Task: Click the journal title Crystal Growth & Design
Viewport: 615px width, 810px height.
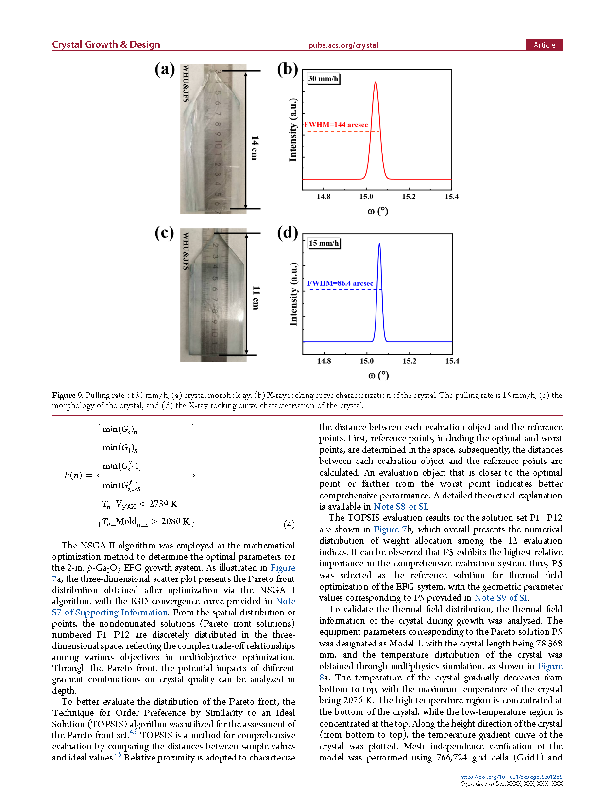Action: click(106, 45)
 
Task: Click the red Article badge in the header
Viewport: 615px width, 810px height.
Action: click(544, 45)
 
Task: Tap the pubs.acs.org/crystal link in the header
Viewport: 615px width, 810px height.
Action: click(343, 45)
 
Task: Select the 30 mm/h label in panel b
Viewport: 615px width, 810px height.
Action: click(324, 79)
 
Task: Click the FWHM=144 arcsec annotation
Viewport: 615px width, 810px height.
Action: click(336, 125)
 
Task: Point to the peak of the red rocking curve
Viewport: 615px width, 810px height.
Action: click(375, 83)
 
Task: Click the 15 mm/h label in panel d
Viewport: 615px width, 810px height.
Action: click(324, 243)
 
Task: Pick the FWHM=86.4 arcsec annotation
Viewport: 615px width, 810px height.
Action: click(340, 283)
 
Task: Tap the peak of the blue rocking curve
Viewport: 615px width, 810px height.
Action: click(379, 244)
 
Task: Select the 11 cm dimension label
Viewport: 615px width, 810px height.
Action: click(256, 298)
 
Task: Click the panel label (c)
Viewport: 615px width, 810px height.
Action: click(164, 233)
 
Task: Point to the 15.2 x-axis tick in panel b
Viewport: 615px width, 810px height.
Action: click(409, 197)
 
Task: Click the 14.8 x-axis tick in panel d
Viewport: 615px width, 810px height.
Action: click(324, 361)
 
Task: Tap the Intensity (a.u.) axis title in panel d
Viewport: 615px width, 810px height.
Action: click(293, 294)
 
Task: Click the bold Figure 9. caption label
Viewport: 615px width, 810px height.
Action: click(68, 396)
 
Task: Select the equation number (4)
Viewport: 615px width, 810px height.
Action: click(289, 524)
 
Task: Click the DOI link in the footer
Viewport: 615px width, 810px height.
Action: click(511, 777)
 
